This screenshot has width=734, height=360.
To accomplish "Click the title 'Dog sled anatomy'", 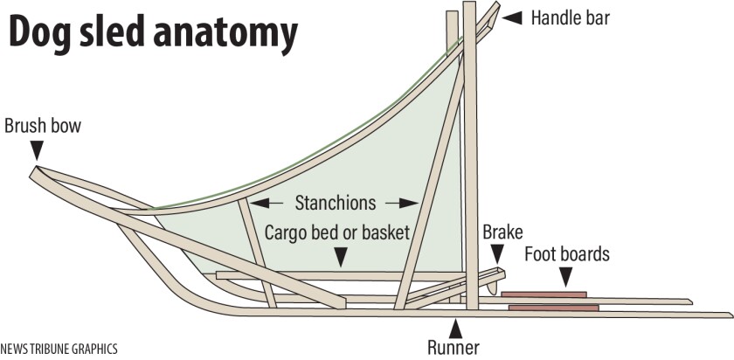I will [x=154, y=33].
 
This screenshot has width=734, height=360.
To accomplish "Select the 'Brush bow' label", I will [x=43, y=126].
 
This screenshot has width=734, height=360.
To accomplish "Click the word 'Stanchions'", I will [x=335, y=203].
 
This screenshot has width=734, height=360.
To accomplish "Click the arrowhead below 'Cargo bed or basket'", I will [x=340, y=257].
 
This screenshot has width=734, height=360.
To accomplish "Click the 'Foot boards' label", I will [x=566, y=254].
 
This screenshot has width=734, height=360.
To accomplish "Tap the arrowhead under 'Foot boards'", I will [x=566, y=279].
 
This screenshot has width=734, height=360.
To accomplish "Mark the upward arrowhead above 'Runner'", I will [x=454, y=328].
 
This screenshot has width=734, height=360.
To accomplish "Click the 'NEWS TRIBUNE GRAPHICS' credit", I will [x=59, y=348].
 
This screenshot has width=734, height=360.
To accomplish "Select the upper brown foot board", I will [x=544, y=294].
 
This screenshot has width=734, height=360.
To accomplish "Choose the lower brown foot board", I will [x=553, y=308].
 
